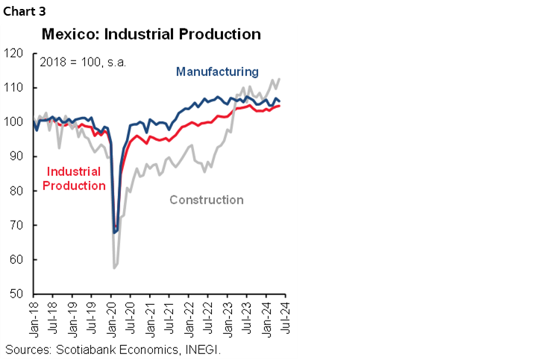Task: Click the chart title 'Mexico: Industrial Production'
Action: coord(151,34)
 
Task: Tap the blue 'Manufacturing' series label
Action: coord(217,72)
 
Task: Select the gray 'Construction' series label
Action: coord(207,200)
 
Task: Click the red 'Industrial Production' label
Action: coord(74,179)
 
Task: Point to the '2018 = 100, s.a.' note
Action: coord(83,62)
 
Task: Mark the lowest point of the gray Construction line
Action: coord(114,268)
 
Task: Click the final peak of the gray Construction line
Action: coord(279,79)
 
